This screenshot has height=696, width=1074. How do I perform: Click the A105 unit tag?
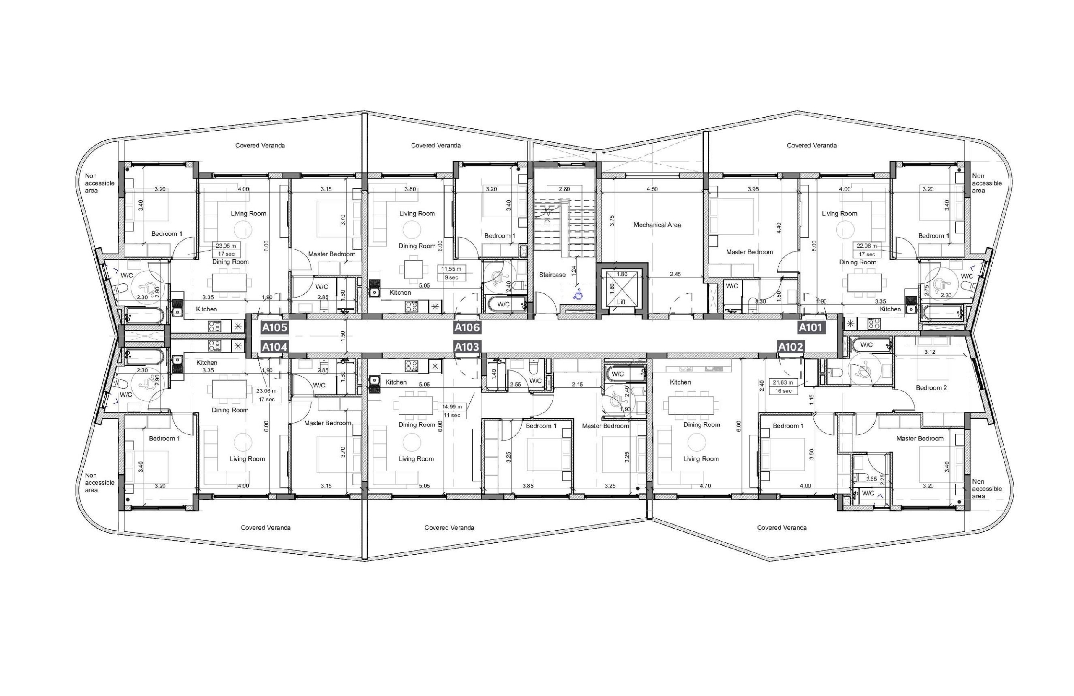click(274, 327)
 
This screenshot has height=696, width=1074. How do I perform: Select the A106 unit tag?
click(467, 327)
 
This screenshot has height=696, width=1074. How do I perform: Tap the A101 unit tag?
click(811, 327)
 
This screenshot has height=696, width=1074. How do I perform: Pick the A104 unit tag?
click(274, 347)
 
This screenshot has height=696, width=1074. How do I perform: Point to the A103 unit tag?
click(467, 347)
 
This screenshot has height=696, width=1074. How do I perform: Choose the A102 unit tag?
click(791, 347)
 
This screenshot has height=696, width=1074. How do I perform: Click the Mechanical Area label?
click(657, 225)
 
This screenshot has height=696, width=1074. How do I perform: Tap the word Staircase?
click(553, 275)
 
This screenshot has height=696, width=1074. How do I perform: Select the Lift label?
click(621, 302)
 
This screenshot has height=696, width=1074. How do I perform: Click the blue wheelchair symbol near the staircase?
click(578, 295)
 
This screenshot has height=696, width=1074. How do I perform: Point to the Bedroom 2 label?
click(931, 388)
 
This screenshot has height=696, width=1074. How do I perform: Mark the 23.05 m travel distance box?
click(227, 250)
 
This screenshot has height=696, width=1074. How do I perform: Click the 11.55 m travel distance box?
click(451, 273)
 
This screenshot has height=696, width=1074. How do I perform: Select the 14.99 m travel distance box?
click(452, 411)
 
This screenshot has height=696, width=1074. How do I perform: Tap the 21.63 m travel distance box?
click(783, 387)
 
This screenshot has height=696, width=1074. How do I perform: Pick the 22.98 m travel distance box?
click(866, 250)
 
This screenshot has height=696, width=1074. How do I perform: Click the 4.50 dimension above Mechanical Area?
click(652, 189)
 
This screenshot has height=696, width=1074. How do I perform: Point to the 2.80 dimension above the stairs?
click(564, 189)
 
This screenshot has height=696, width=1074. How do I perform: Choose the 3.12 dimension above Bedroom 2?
click(930, 352)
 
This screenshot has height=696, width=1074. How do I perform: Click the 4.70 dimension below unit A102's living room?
click(705, 486)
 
